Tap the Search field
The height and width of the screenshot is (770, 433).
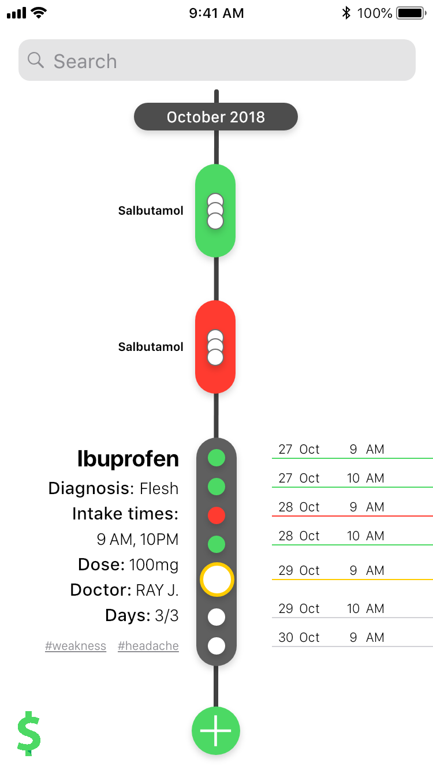click(216, 61)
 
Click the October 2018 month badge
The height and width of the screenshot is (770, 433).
click(216, 117)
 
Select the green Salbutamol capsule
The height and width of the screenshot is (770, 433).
click(215, 211)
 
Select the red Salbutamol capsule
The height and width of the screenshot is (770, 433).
click(215, 347)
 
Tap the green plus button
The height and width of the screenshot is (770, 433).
click(216, 731)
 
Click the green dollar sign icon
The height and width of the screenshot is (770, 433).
click(29, 734)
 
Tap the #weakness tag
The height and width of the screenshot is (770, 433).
click(76, 646)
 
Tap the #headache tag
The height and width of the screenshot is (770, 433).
click(148, 646)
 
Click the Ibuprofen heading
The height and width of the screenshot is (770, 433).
click(128, 459)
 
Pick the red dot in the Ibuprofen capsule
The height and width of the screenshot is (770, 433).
click(216, 515)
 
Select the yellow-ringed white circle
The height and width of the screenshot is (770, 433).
click(216, 580)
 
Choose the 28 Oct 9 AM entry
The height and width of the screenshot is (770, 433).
click(331, 507)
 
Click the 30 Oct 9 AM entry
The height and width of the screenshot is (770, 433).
click(331, 638)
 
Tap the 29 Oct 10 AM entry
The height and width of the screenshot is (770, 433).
click(331, 609)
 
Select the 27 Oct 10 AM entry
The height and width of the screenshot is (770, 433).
click(331, 479)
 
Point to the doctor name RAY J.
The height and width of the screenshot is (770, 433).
click(157, 590)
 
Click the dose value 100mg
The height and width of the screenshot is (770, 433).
click(154, 565)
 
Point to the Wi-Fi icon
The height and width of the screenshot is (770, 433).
click(39, 13)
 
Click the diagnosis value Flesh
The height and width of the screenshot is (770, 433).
click(159, 489)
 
